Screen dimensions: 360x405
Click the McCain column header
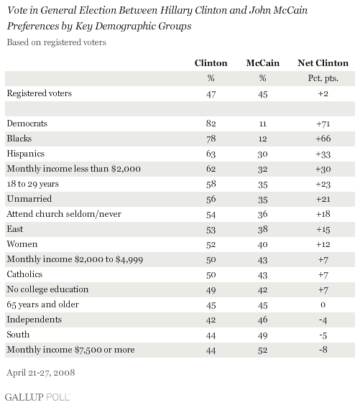point(262,63)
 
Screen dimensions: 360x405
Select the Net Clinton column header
point(323,63)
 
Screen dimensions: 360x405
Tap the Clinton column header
point(211,63)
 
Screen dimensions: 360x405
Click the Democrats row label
point(27,124)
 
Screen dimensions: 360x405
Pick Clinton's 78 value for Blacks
point(211,139)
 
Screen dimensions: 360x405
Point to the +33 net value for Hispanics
point(323,154)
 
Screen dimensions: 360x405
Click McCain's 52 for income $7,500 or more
point(262,350)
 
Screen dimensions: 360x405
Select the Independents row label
point(34,320)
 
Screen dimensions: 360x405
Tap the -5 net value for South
point(323,335)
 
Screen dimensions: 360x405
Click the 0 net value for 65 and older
point(323,305)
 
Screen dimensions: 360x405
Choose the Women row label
point(22,244)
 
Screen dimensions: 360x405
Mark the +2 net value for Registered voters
point(323,93)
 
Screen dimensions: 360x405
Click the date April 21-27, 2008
point(41,373)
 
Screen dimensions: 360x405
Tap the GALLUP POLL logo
point(37,396)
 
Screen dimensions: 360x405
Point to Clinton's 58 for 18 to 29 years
point(211,185)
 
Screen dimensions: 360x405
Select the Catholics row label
point(24,274)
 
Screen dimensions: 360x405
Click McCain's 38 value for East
point(262,230)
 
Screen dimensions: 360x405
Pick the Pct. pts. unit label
point(323,78)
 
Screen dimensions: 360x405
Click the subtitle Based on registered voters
point(57,42)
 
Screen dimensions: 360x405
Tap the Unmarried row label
point(29,199)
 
